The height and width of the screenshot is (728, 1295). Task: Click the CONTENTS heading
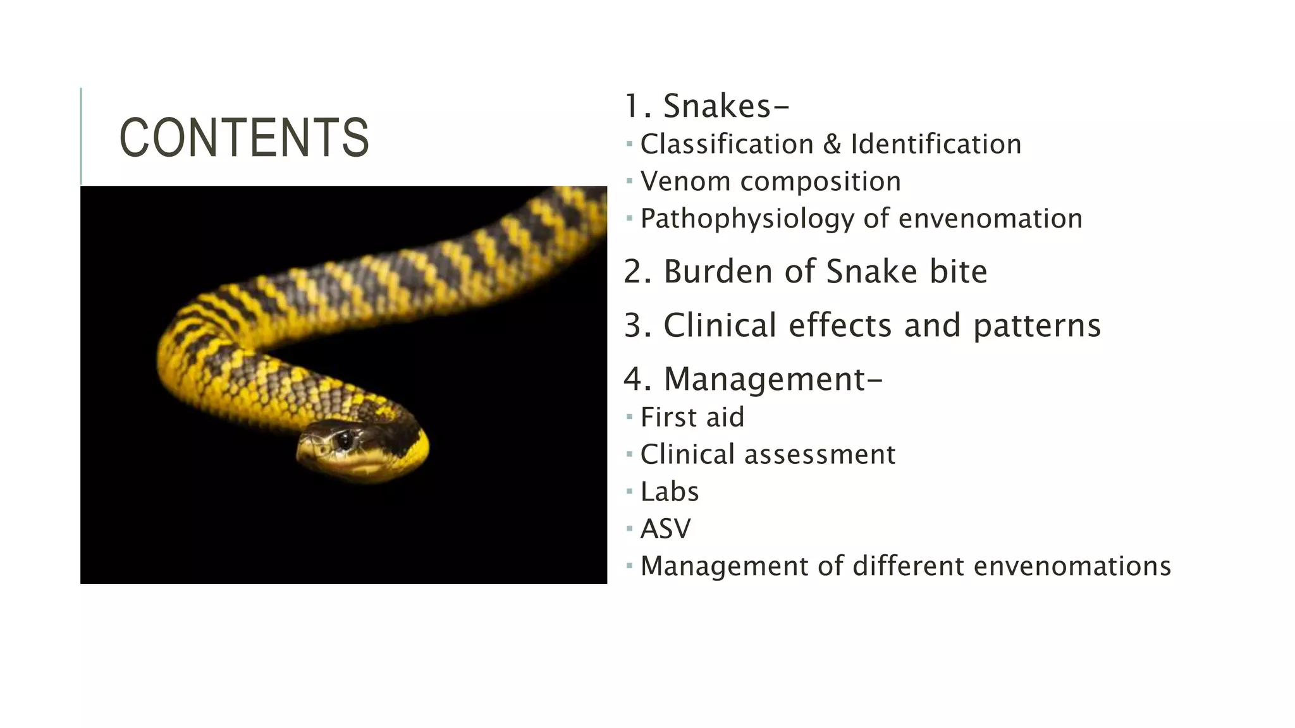[x=244, y=138]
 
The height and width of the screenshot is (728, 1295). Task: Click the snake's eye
[x=345, y=439]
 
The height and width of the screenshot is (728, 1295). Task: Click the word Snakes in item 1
[x=717, y=106]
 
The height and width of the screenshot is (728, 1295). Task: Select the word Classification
[x=727, y=145]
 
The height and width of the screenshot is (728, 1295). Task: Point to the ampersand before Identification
[x=832, y=145]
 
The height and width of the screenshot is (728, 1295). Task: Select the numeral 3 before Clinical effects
[x=633, y=326]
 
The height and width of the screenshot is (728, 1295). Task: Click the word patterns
[x=1037, y=326]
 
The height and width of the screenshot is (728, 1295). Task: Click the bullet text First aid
[x=692, y=418]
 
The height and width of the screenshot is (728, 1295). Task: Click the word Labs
[x=670, y=492]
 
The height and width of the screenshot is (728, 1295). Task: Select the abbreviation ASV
[x=666, y=529]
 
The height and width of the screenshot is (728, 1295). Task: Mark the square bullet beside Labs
[x=629, y=491]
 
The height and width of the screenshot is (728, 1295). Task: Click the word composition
[x=820, y=182]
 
